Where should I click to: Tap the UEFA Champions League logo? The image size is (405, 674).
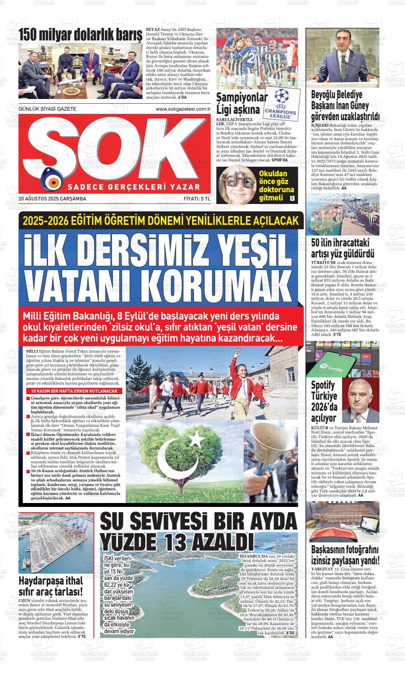click(x=280, y=104)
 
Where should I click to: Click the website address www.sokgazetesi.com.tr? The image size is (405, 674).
click(x=183, y=109)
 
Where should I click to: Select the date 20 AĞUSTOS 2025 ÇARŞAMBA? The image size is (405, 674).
click(x=52, y=199)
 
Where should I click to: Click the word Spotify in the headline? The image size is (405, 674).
click(x=323, y=385)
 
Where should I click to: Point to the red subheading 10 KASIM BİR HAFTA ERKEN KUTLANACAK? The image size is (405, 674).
click(x=74, y=391)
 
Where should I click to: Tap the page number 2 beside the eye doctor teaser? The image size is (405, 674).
click(x=292, y=198)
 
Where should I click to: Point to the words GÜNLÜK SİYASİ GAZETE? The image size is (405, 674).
click(x=47, y=109)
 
